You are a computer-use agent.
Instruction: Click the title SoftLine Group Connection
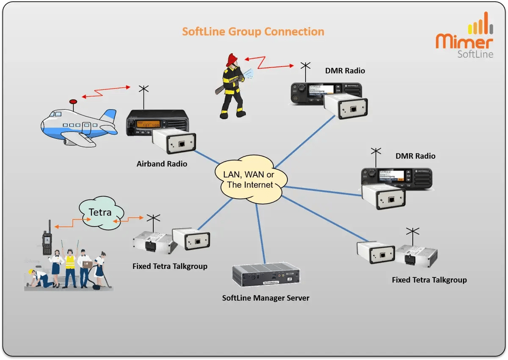pos(253,32)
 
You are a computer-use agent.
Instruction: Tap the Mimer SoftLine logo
pos(464,41)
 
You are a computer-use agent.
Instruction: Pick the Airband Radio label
pos(162,164)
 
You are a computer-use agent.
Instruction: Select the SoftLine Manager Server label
pos(265,298)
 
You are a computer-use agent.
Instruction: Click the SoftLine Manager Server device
pos(266,276)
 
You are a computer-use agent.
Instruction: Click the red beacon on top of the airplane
pos(73,102)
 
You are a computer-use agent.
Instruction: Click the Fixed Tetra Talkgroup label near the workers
pos(170,266)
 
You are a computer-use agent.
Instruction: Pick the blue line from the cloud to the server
pos(260,233)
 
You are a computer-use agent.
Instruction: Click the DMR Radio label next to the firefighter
pos(345,71)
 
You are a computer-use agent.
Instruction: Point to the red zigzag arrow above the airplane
pos(106,92)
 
